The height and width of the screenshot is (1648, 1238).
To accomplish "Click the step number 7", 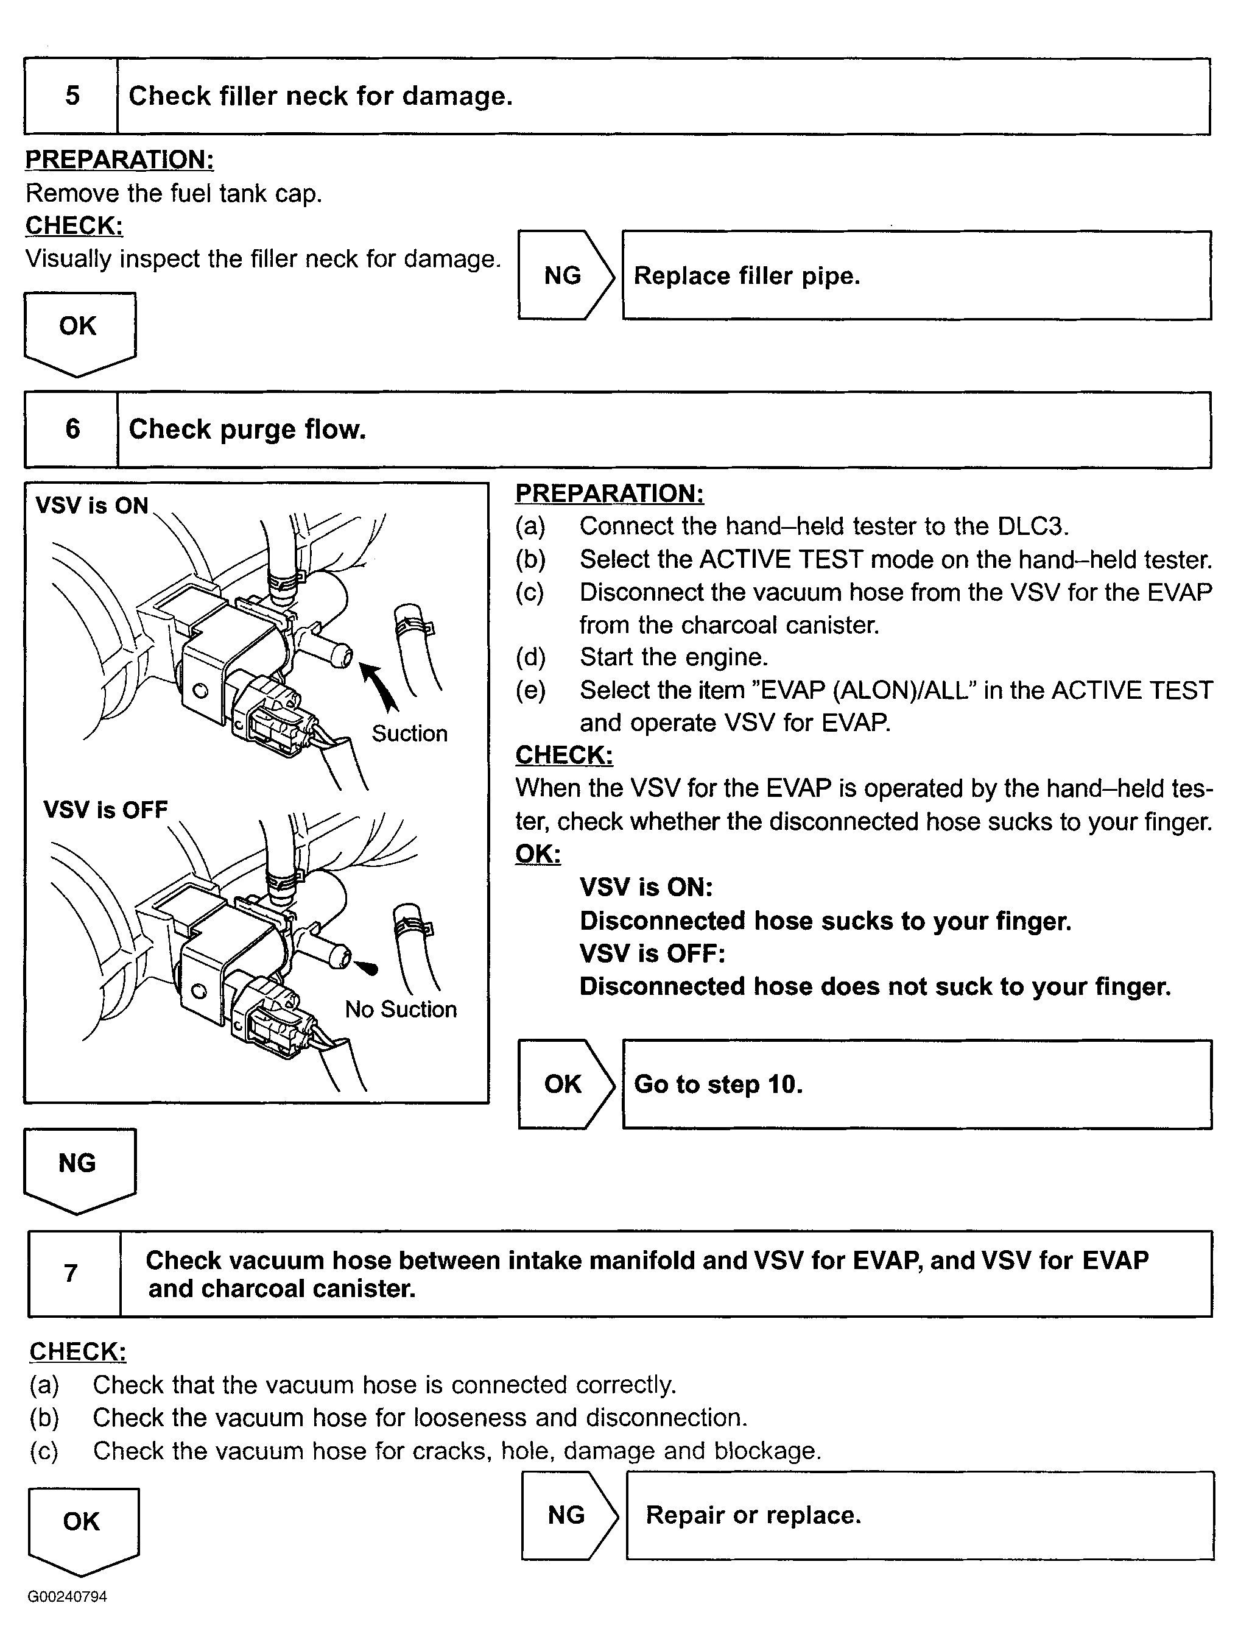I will click(71, 1273).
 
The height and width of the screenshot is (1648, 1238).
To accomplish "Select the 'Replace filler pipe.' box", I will click(916, 275).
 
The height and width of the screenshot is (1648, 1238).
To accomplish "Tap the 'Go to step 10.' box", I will click(916, 1084).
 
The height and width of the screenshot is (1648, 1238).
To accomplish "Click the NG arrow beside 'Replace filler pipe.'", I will click(564, 275).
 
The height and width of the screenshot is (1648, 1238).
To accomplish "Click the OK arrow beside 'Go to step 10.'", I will click(564, 1084).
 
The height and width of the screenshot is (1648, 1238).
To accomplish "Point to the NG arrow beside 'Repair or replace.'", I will click(568, 1515).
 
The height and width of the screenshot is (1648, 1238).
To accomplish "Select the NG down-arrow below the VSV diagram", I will click(79, 1167).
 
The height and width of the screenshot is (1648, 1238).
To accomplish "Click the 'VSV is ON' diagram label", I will click(91, 506).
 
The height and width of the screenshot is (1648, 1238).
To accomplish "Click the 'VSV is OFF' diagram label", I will click(105, 810).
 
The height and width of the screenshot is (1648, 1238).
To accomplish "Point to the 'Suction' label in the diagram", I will click(409, 734).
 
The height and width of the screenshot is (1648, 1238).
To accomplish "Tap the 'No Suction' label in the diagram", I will click(400, 1010).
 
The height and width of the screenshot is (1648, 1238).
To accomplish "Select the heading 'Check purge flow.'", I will click(247, 430).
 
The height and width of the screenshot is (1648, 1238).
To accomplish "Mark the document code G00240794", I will click(67, 1597).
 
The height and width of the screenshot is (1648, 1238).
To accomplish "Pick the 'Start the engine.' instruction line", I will click(673, 657).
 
